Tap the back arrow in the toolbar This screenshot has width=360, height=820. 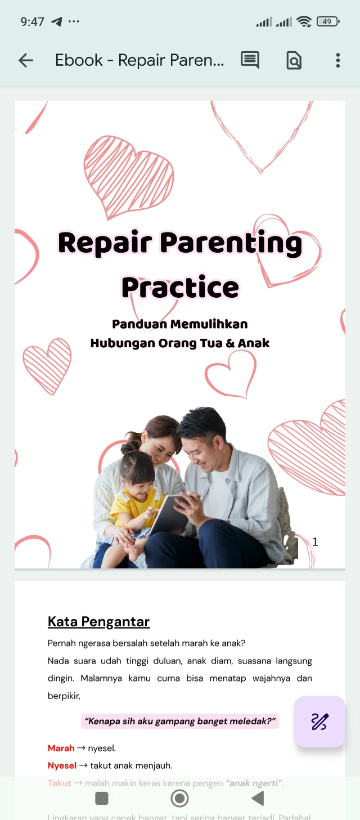coord(26,60)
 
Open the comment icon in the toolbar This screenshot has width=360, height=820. coord(250,60)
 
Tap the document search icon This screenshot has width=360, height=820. coord(294,60)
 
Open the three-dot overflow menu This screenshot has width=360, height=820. coord(337,60)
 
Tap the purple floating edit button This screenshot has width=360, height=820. coord(319,722)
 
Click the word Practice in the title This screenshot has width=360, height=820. coord(180,287)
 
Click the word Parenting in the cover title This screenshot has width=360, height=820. coord(231,243)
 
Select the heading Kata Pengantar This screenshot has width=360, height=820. coord(98,621)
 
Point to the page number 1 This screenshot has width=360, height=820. coord(315,541)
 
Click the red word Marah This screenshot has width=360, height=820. coord(61,748)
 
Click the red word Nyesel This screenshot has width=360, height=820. coord(62,765)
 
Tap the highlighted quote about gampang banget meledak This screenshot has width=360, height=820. coord(180,721)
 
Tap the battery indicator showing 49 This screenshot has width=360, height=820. coord(328,22)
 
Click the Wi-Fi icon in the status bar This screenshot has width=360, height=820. coord(304,22)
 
